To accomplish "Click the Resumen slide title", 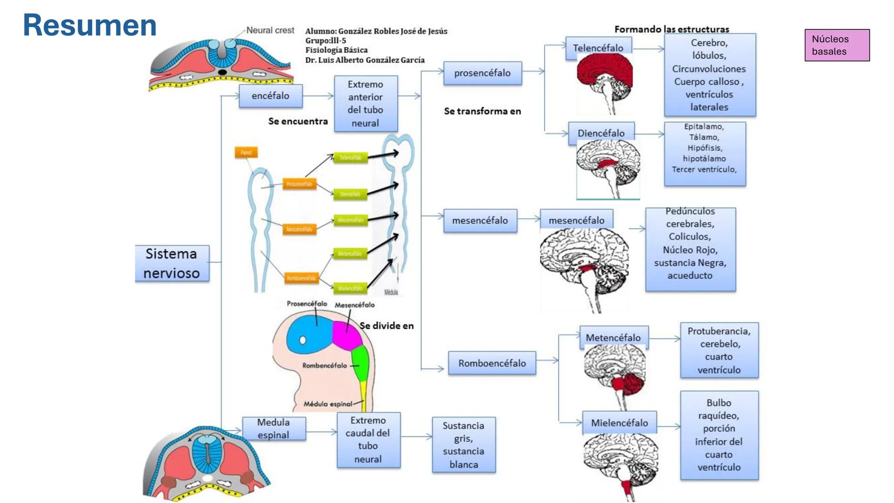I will [x=89, y=25].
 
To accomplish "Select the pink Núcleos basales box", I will [x=837, y=45].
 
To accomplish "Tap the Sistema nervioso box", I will [x=172, y=263].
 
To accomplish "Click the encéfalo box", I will [x=271, y=96].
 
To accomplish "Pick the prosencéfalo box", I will [x=482, y=73].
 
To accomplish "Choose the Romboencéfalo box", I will [x=492, y=363].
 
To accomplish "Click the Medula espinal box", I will [x=274, y=428].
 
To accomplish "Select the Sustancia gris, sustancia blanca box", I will [x=463, y=445].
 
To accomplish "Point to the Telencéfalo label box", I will [x=598, y=48].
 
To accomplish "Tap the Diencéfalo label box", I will [x=601, y=133].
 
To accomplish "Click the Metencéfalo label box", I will [x=613, y=337].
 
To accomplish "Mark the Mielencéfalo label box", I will [x=619, y=422].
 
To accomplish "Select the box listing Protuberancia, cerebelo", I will [x=719, y=350].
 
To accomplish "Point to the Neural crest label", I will [x=270, y=30].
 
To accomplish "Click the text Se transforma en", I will [x=482, y=111].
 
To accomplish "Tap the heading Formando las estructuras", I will [x=671, y=29].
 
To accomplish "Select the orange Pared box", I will [x=246, y=152].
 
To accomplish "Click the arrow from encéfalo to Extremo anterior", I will [x=318, y=96].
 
